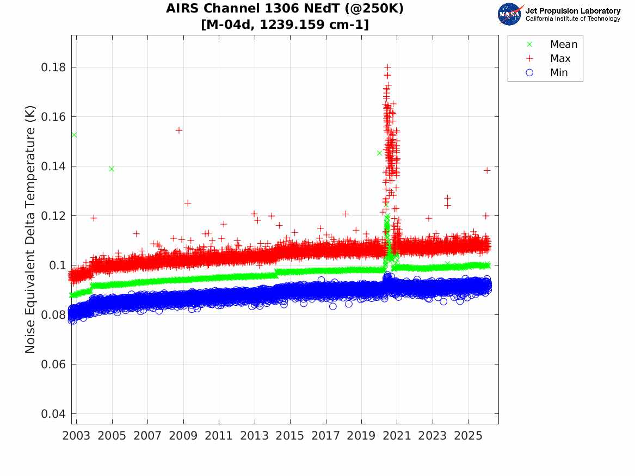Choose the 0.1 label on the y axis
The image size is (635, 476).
tap(57, 265)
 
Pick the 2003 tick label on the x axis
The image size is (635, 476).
tap(76, 436)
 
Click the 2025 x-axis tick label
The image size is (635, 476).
tap(468, 436)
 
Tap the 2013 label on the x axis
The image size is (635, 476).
tap(254, 436)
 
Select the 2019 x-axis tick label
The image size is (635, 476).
tap(361, 436)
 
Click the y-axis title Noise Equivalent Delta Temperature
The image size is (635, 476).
tap(30, 230)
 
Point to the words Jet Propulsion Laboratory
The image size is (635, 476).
tap(572, 11)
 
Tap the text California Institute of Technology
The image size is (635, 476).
tap(572, 18)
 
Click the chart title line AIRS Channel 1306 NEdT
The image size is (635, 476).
tap(285, 9)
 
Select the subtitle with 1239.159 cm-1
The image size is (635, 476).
tap(285, 24)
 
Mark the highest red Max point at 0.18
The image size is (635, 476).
tap(387, 67)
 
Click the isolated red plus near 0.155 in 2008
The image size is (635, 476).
tap(178, 130)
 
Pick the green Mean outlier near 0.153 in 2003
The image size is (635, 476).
tap(74, 135)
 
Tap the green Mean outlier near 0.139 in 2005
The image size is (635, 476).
tap(112, 169)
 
